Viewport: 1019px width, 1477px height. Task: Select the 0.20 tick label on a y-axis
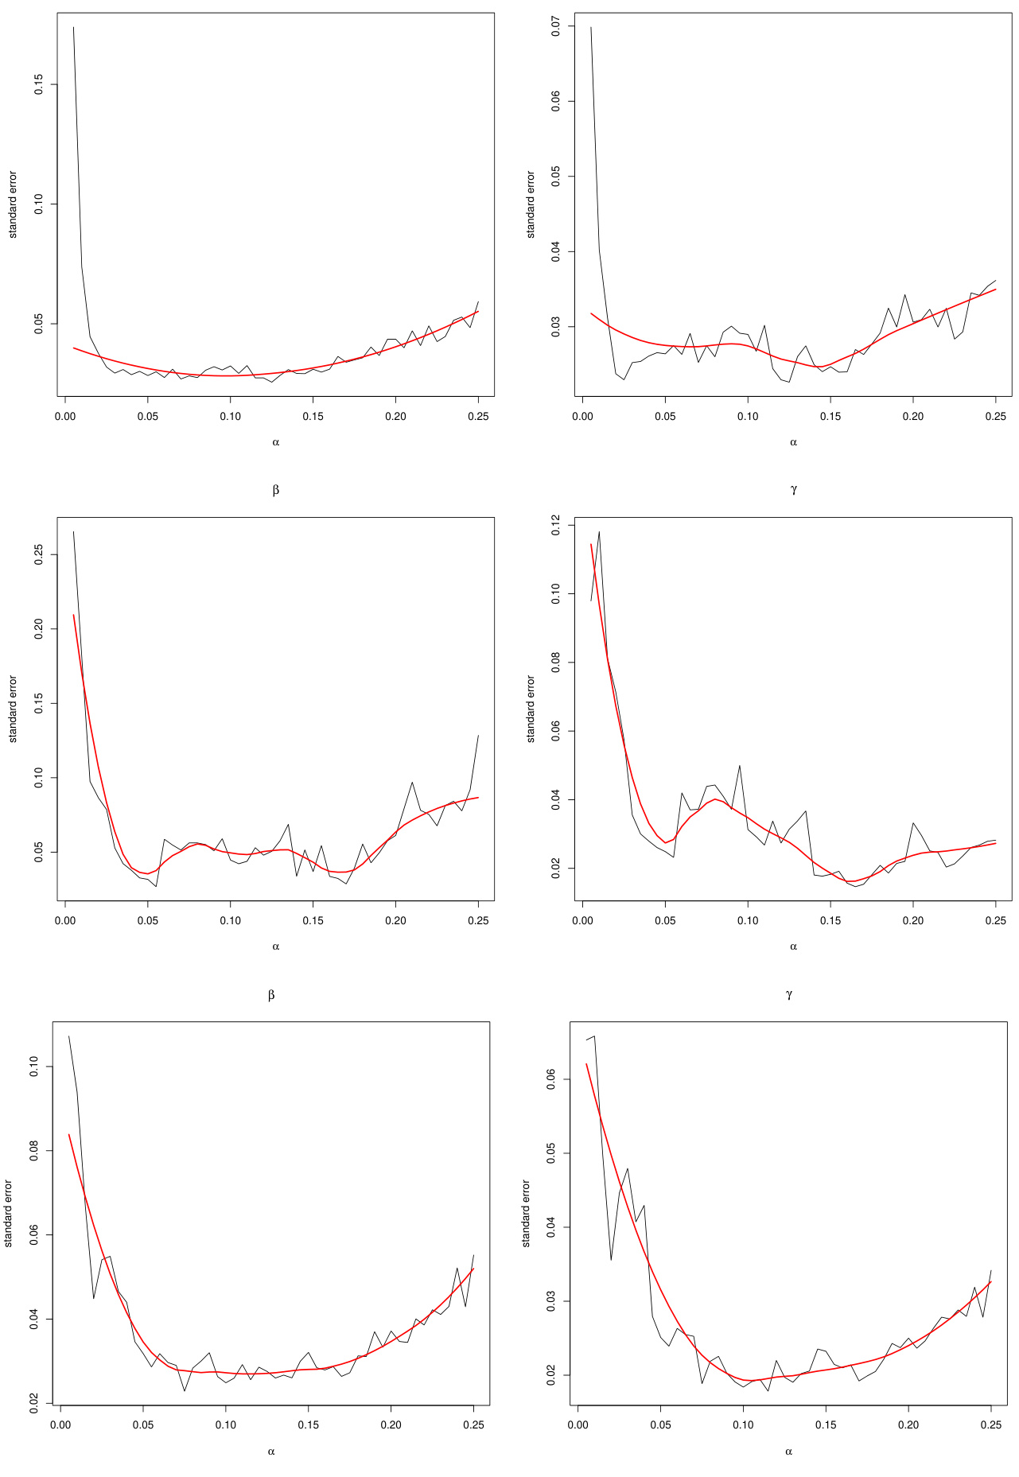[38, 628]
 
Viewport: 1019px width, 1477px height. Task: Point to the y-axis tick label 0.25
[38, 554]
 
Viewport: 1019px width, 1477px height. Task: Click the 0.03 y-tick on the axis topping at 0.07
[555, 325]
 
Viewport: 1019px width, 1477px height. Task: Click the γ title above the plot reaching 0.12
[793, 490]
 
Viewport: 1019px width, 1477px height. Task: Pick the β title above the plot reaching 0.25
[275, 490]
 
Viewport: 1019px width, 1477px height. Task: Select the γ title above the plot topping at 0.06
[788, 994]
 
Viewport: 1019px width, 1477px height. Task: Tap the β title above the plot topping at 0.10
[271, 994]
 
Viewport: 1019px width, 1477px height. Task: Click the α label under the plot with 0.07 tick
[793, 442]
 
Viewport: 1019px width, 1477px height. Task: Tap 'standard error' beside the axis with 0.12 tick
[531, 709]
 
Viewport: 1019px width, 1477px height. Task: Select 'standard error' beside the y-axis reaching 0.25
[13, 709]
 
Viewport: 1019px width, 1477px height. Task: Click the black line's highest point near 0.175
[73, 27]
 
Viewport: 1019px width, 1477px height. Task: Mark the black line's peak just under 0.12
[599, 531]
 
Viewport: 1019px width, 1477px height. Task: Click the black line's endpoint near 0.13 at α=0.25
[478, 735]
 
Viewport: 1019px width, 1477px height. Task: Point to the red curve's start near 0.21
[74, 614]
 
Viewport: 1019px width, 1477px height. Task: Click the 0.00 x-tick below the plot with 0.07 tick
[583, 416]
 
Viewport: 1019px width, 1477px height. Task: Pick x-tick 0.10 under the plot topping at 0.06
[743, 1425]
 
